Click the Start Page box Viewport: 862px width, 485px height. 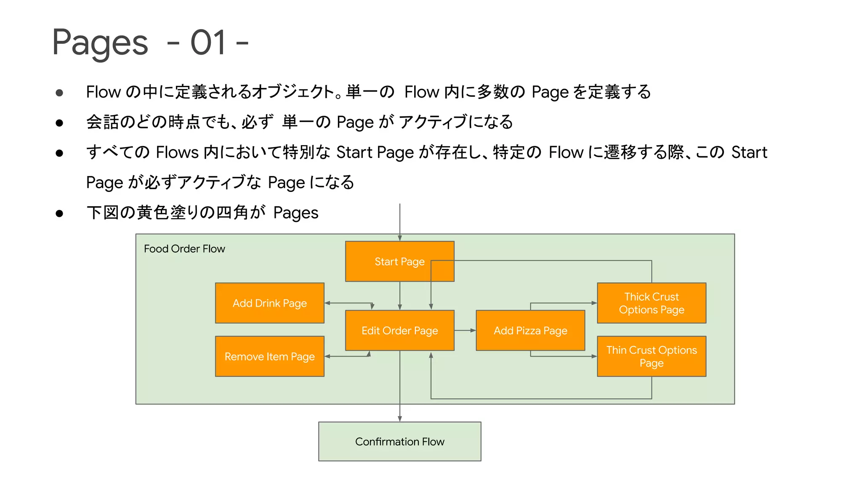(x=399, y=261)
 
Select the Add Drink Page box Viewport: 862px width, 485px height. (x=269, y=303)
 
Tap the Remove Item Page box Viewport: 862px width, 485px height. (x=269, y=357)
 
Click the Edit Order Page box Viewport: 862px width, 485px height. (x=399, y=330)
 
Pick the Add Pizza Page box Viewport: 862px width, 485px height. (x=530, y=330)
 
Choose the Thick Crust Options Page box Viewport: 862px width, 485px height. (x=651, y=303)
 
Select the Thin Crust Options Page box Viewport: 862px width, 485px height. (x=651, y=357)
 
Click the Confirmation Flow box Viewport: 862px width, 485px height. (x=399, y=441)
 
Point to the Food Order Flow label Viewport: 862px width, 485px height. (x=184, y=249)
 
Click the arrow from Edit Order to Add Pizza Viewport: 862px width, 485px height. (x=465, y=330)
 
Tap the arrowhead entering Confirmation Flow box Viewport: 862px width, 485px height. (x=399, y=418)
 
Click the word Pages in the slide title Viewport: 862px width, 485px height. (x=100, y=43)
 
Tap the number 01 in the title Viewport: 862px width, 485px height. (x=208, y=43)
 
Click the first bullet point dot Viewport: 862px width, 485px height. (x=59, y=93)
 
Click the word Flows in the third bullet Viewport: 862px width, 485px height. (x=177, y=152)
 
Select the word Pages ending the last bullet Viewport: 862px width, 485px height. (x=295, y=213)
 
